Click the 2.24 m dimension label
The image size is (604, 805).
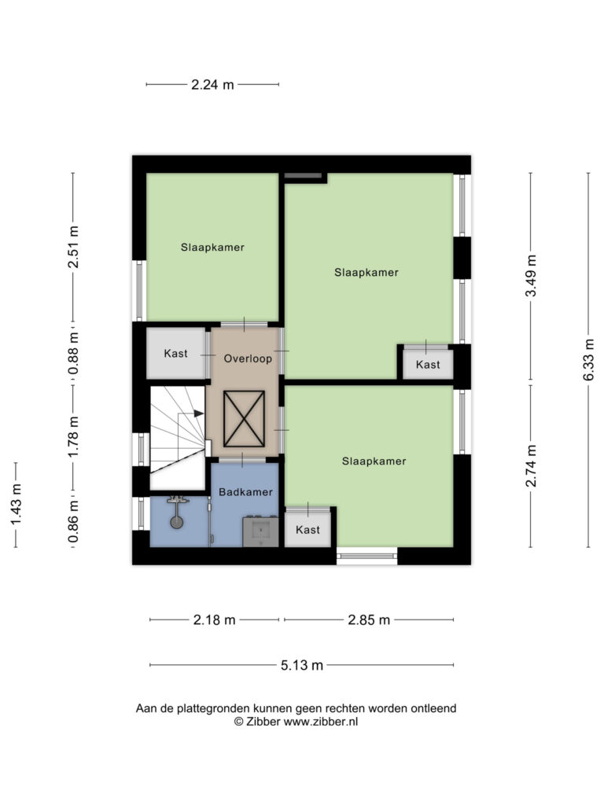pyautogui.click(x=212, y=85)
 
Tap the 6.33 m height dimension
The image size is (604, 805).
pyautogui.click(x=589, y=359)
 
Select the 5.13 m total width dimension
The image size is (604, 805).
pyautogui.click(x=302, y=665)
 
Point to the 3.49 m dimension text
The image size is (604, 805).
pyautogui.click(x=531, y=275)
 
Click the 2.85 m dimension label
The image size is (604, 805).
pyautogui.click(x=369, y=620)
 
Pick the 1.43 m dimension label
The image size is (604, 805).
pyautogui.click(x=17, y=505)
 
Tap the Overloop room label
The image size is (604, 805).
pyautogui.click(x=248, y=358)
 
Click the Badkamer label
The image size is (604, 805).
pyautogui.click(x=245, y=492)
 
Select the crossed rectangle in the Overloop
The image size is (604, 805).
pyautogui.click(x=245, y=419)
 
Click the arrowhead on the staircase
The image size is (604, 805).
pyautogui.click(x=199, y=414)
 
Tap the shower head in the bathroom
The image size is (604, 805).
pyautogui.click(x=177, y=523)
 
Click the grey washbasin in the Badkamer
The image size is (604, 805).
pyautogui.click(x=261, y=531)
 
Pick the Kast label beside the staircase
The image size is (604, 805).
pyautogui.click(x=175, y=354)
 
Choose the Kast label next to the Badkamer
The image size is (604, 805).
pyautogui.click(x=308, y=530)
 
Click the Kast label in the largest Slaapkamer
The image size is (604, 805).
pyautogui.click(x=428, y=365)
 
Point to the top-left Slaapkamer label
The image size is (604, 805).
pyautogui.click(x=212, y=248)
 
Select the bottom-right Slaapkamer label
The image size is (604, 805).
pyautogui.click(x=374, y=461)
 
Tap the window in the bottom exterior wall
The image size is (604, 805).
pyautogui.click(x=366, y=556)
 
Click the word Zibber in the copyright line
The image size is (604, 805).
pyautogui.click(x=263, y=722)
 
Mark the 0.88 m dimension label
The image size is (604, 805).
pyautogui.click(x=74, y=353)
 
